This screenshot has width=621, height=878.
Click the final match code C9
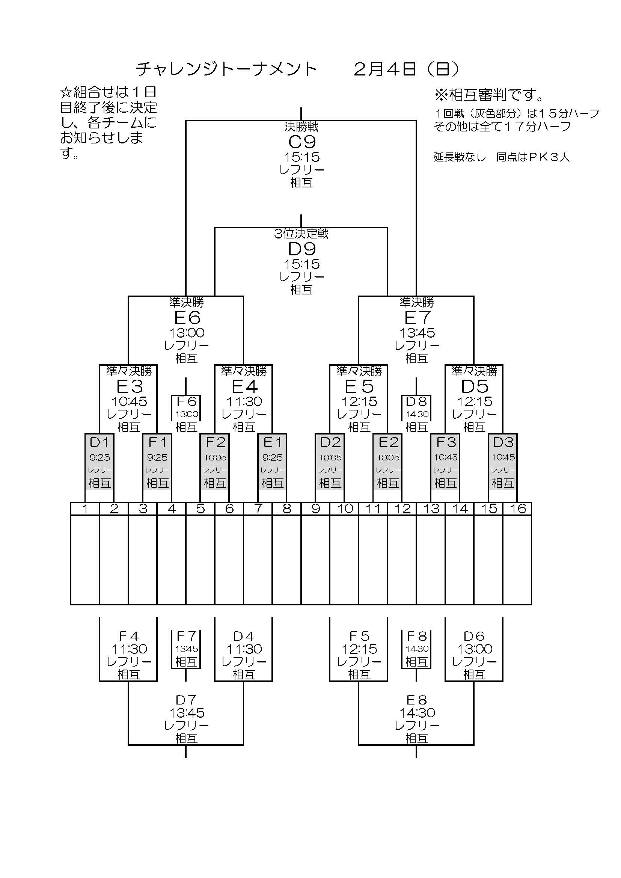click(x=302, y=142)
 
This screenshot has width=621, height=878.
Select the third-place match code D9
click(x=302, y=249)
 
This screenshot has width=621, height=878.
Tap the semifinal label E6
click(x=187, y=318)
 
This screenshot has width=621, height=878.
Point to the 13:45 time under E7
click(x=417, y=333)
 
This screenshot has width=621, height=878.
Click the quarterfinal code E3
click(x=129, y=386)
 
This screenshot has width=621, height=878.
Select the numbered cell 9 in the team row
click(x=315, y=508)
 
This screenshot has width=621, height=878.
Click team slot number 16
click(x=517, y=508)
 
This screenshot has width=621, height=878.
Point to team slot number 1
click(x=85, y=508)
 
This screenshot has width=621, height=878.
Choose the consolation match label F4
click(x=128, y=636)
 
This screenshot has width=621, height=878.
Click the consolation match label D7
click(x=186, y=700)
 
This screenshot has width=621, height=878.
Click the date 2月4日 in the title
click(x=385, y=69)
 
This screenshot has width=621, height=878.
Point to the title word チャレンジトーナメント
click(x=226, y=69)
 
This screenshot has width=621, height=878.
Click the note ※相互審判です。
click(x=489, y=95)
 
